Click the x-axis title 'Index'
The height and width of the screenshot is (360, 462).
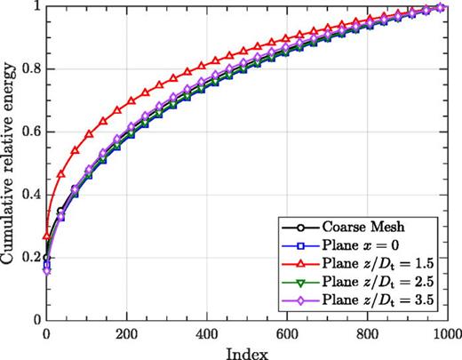[x=246, y=351]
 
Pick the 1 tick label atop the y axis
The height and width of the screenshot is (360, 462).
[x=36, y=7]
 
